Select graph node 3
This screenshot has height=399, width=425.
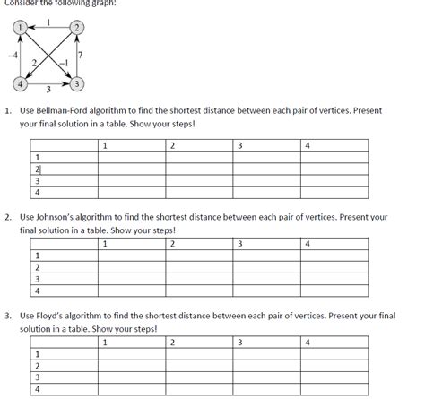coord(78,85)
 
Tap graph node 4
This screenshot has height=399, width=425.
coord(17,85)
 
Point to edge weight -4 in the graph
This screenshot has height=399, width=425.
coord(8,56)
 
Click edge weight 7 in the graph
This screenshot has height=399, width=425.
coord(82,56)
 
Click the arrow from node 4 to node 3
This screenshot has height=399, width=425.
coord(48,85)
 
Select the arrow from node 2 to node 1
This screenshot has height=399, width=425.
coord(48,29)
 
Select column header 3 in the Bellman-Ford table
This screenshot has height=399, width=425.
coord(240,144)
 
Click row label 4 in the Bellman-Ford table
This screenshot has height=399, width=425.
coord(38,191)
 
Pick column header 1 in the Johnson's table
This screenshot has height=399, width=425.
coord(105,243)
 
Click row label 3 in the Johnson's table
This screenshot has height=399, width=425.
coord(37,278)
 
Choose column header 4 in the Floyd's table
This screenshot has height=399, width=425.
coord(308,342)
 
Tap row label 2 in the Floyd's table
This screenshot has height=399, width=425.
coord(37,366)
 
